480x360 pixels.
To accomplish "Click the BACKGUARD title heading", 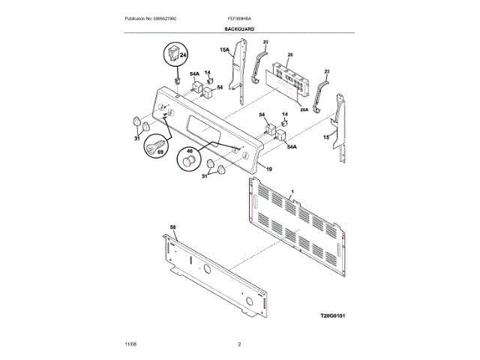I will click(x=239, y=28).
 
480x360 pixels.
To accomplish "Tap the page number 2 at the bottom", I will click(x=239, y=343).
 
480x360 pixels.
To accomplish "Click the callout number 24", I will click(x=182, y=54).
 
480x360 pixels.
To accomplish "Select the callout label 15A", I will click(x=223, y=50).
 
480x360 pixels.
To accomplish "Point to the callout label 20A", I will click(x=304, y=109).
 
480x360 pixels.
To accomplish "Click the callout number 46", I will click(x=189, y=150).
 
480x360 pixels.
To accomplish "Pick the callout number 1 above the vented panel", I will click(x=292, y=193).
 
